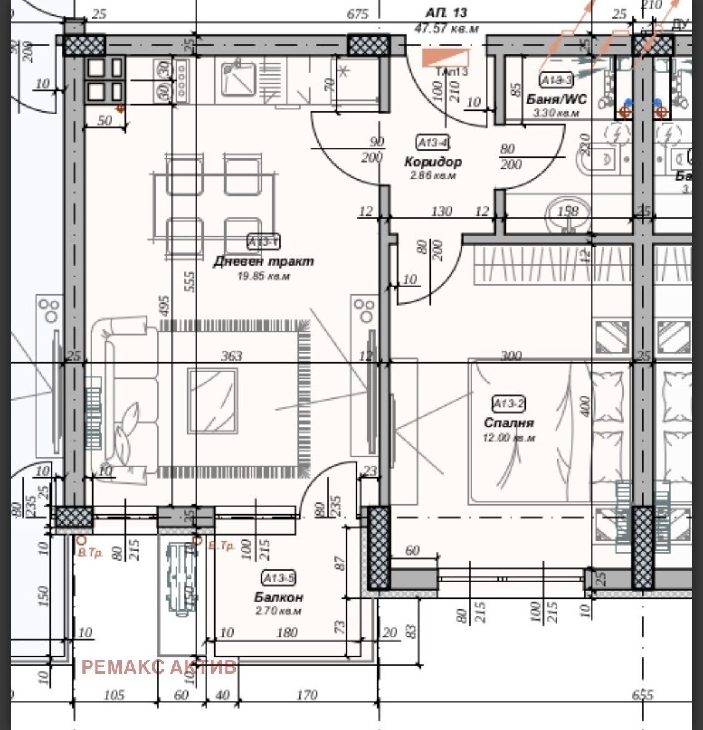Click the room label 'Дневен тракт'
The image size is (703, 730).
tap(263, 261)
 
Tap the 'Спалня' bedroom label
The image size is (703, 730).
tap(509, 423)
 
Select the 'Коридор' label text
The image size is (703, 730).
tap(433, 162)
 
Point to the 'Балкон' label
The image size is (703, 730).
tap(278, 597)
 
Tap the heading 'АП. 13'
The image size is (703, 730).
tap(446, 12)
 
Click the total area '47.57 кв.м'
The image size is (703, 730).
tap(446, 28)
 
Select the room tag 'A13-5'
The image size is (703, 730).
tap(279, 577)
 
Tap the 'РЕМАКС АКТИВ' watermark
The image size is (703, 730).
tap(159, 667)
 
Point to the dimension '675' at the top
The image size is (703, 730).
tap(357, 14)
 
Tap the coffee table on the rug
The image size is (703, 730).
tap(213, 400)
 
